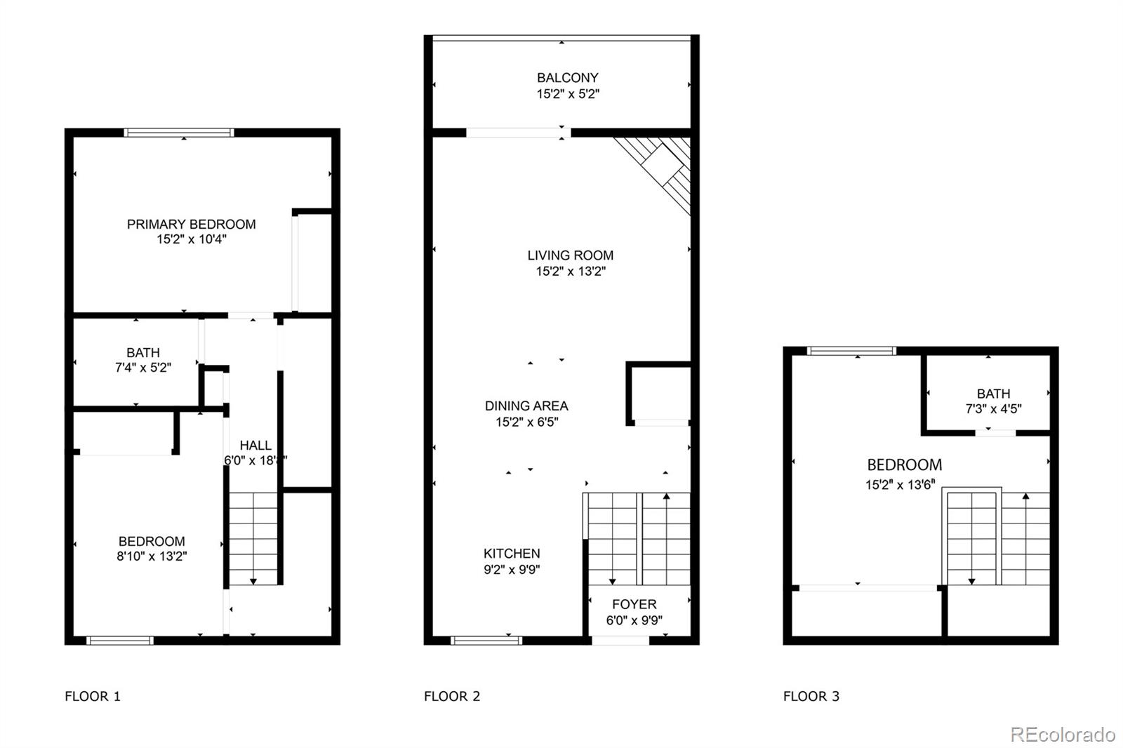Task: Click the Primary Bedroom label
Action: [x=191, y=224]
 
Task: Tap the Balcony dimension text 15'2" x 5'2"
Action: [x=568, y=94]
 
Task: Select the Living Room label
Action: [x=570, y=255]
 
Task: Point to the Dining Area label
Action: [x=526, y=406]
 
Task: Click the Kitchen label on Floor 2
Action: [x=512, y=553]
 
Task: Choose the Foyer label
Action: [x=634, y=604]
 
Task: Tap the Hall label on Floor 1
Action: [x=255, y=445]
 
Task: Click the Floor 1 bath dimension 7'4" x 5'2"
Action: [x=143, y=367]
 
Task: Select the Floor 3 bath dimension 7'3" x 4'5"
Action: [x=993, y=409]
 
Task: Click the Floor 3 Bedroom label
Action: [x=904, y=465]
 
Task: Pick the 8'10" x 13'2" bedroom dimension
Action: [x=152, y=556]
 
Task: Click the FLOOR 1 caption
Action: [x=93, y=696]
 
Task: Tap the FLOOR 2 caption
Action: [x=452, y=696]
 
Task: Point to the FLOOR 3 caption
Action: [x=811, y=696]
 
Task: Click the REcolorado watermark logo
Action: [x=1063, y=735]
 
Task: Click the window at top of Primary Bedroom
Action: [x=179, y=132]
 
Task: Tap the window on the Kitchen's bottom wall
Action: [x=486, y=640]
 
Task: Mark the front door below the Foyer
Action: [x=620, y=640]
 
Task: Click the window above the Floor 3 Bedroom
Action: [x=852, y=350]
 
